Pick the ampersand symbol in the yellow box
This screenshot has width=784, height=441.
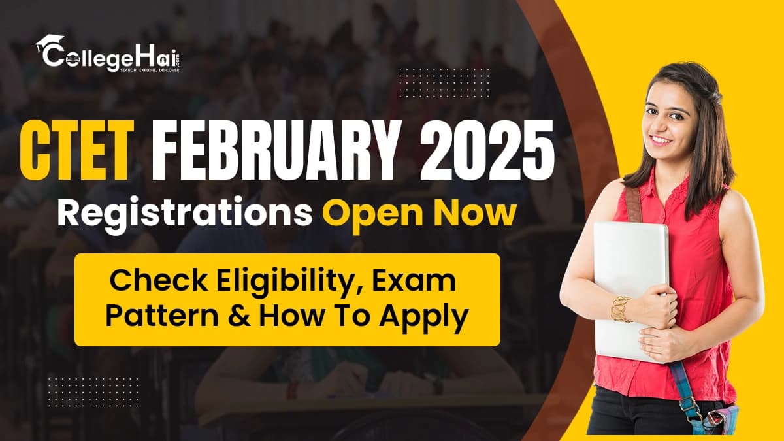click(240, 317)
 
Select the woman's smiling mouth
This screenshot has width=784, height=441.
click(661, 139)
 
